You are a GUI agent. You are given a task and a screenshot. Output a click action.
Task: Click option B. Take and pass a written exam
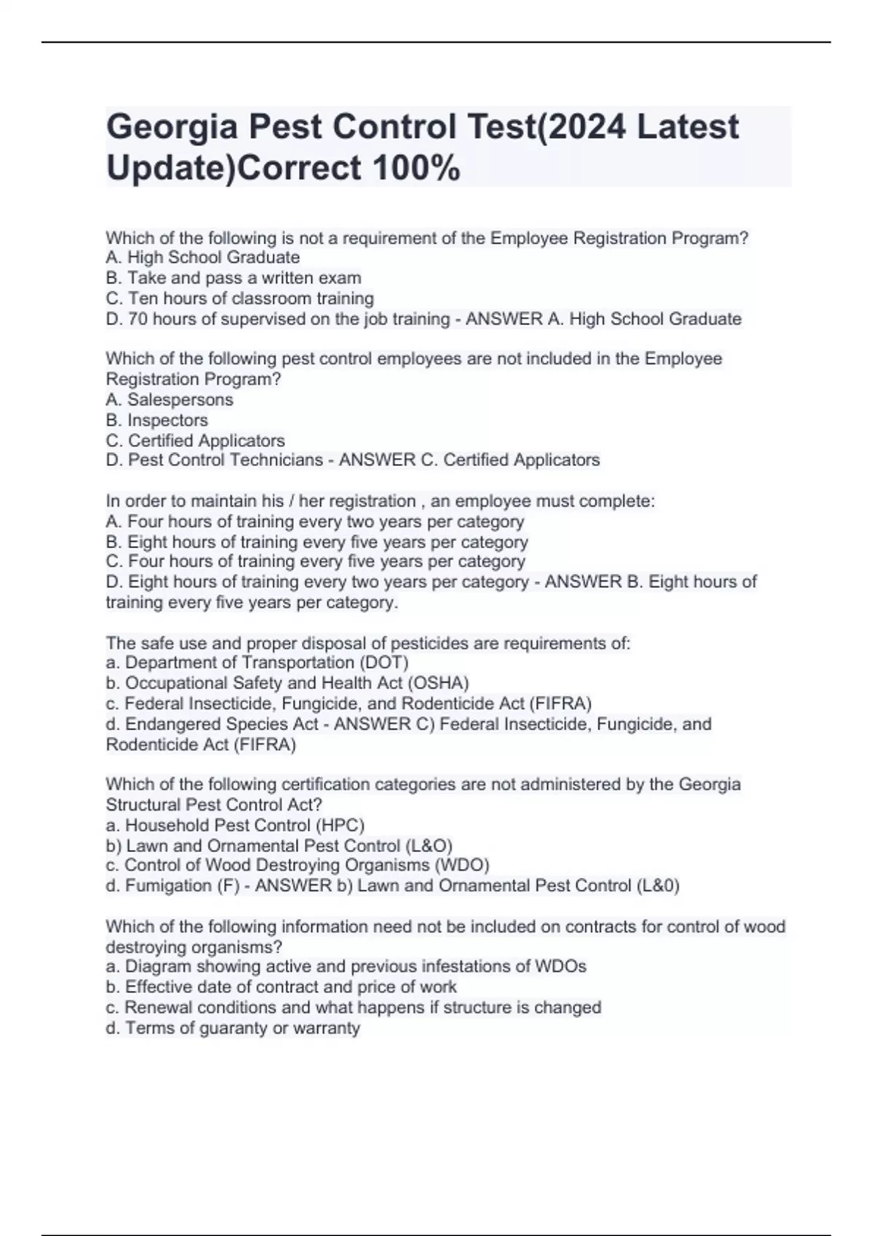pyautogui.click(x=233, y=278)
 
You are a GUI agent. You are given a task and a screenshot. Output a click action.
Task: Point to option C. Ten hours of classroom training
pyautogui.click(x=239, y=298)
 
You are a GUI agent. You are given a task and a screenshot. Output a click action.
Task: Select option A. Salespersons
pyautogui.click(x=170, y=399)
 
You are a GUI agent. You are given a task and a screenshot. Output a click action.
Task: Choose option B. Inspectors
pyautogui.click(x=156, y=420)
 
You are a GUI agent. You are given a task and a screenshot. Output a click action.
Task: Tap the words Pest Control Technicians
pyautogui.click(x=225, y=460)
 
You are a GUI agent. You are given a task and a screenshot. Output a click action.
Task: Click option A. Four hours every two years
pyautogui.click(x=314, y=521)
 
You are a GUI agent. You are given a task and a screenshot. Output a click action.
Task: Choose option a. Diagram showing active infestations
pyautogui.click(x=346, y=966)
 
